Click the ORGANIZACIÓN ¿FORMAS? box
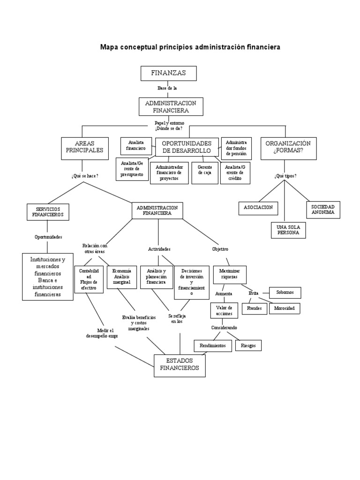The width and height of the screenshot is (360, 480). click(x=285, y=147)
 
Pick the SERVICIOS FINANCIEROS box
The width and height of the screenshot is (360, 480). click(x=48, y=212)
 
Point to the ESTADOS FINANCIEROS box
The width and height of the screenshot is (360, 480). click(x=179, y=365)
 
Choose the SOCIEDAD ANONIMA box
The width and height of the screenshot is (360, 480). click(x=323, y=210)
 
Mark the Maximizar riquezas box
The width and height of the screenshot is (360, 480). click(x=230, y=274)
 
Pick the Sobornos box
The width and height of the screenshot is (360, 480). click(x=285, y=293)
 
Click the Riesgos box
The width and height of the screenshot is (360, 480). click(x=248, y=346)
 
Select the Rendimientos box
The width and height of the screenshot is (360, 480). click(x=213, y=345)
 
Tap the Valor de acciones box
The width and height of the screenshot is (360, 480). click(x=224, y=310)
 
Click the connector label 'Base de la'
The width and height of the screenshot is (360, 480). click(x=167, y=88)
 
